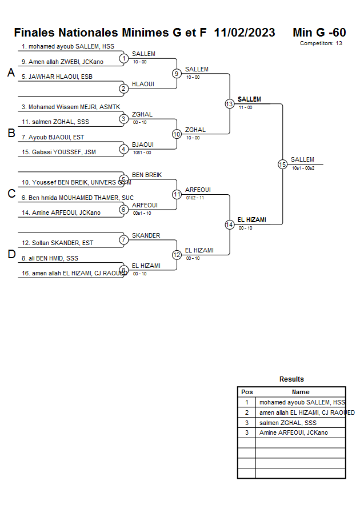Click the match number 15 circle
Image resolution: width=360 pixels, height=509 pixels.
tap(282, 164)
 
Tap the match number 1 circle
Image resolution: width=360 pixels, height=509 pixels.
tap(123, 58)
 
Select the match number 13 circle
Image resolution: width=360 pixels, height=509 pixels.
tap(229, 104)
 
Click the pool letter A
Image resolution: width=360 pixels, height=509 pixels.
tap(11, 73)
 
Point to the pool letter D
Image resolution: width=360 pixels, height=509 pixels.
tap(11, 255)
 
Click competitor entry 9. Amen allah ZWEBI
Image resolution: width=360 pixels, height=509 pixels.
tap(62, 62)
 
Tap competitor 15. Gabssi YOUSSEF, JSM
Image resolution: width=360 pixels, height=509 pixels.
tap(59, 152)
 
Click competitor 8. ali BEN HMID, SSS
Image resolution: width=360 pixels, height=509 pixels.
tap(50, 258)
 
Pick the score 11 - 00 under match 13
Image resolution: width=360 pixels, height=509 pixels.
tap(245, 107)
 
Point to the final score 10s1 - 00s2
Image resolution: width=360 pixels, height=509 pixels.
tap(303, 168)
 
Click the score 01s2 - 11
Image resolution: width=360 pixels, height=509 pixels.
tap(195, 198)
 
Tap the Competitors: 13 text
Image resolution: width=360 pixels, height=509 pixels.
tap(321, 43)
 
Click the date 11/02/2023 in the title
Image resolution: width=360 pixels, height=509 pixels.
tap(245, 33)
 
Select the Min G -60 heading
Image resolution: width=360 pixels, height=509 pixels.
tap(319, 33)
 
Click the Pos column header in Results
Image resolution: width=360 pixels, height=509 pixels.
tap(247, 392)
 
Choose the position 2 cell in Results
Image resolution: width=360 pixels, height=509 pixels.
tap(247, 412)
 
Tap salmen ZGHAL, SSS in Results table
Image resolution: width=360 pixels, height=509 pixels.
tap(287, 423)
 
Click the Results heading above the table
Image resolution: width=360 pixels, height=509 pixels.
tap(291, 379)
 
